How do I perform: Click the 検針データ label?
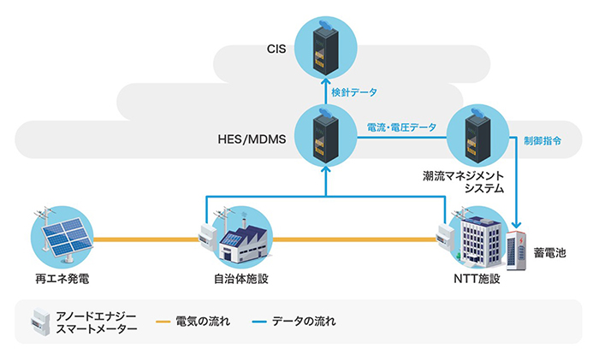(355, 91)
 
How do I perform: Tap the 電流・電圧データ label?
(400, 126)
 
